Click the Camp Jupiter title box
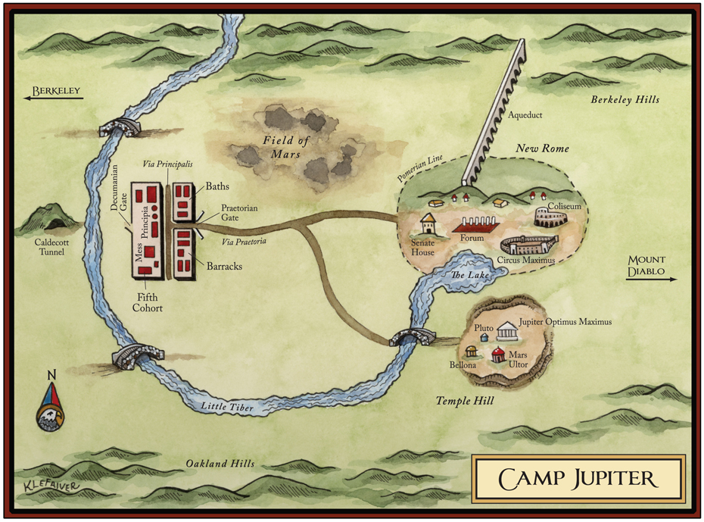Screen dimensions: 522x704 point(578,479)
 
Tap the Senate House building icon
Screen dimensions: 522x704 point(428,225)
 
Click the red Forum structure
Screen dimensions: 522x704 point(475,225)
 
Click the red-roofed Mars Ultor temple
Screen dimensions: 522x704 point(498,354)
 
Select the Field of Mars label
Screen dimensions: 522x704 point(282,146)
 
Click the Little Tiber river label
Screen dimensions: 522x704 point(227,408)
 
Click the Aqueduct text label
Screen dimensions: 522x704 point(526,115)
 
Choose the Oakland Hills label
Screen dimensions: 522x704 point(220,464)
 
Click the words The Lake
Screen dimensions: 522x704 point(467,276)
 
